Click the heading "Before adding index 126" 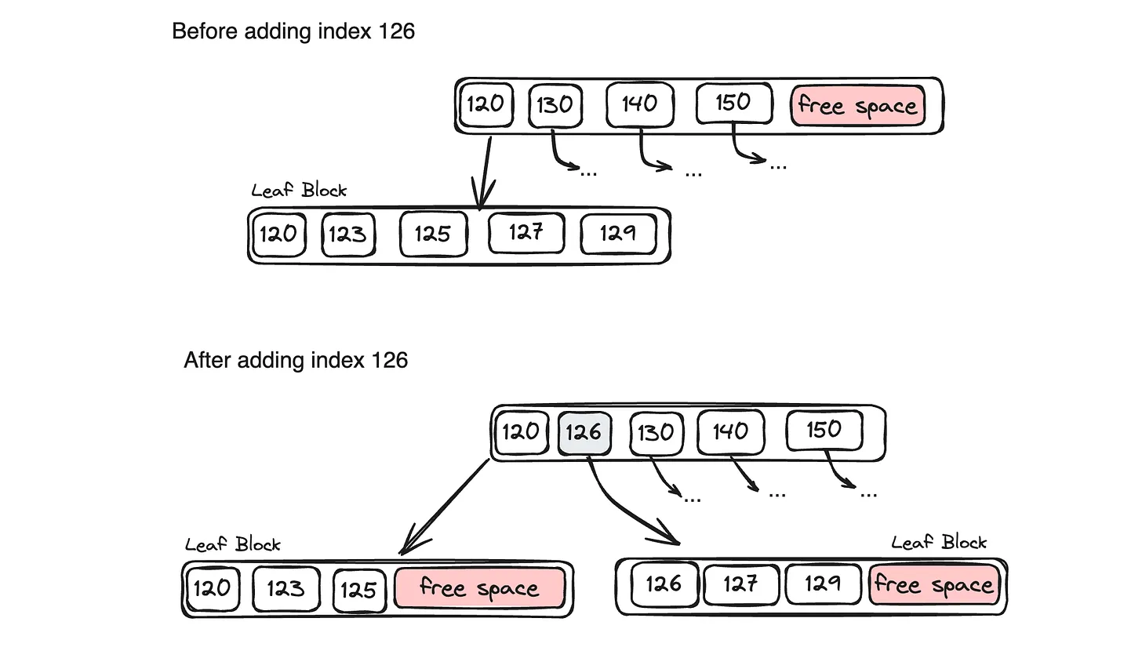(x=293, y=31)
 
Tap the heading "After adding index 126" (x=296, y=360)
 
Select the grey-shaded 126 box (x=584, y=433)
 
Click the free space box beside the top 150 (x=857, y=106)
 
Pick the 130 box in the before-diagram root (x=555, y=105)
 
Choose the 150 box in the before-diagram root (x=733, y=103)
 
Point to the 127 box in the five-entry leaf (x=526, y=233)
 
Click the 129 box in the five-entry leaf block (x=618, y=234)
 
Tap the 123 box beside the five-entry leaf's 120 (x=348, y=235)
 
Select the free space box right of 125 (x=479, y=588)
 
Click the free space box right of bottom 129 (x=934, y=585)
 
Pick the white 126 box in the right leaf (x=664, y=584)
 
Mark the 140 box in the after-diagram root (x=730, y=432)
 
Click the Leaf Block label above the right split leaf (x=939, y=543)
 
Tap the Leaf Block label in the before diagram (x=299, y=191)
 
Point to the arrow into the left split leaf (x=446, y=507)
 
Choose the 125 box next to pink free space (x=358, y=590)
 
